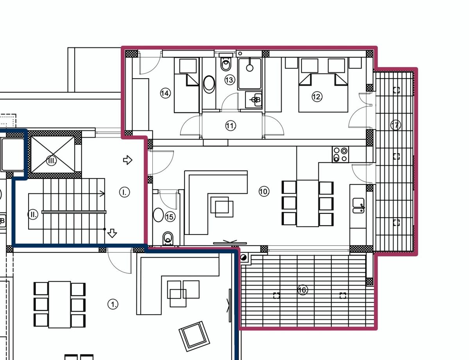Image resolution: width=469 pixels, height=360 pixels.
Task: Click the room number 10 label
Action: tap(264, 192)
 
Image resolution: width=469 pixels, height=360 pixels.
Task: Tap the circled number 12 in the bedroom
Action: tap(317, 97)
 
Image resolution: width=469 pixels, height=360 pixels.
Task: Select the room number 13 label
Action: tap(229, 80)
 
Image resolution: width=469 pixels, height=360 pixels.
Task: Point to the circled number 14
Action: tap(165, 93)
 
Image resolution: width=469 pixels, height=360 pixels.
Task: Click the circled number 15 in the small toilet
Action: tap(170, 217)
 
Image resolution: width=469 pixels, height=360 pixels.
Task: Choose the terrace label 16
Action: tap(303, 290)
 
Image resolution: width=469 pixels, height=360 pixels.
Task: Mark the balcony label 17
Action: tap(396, 125)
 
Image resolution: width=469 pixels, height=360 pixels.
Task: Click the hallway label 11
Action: tap(231, 125)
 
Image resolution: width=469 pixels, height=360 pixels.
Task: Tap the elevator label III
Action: tap(52, 161)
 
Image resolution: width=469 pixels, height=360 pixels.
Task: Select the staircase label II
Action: tap(33, 214)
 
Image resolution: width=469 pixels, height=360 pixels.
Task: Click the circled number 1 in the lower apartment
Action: tap(113, 304)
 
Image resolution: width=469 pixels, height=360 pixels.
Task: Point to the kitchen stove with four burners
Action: tap(340, 154)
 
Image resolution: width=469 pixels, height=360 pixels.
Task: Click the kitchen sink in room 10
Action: tap(358, 206)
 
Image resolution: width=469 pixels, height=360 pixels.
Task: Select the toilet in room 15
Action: tap(168, 238)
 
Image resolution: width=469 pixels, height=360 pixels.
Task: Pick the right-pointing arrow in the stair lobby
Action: tap(127, 160)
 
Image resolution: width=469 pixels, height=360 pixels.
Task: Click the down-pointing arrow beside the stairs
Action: tap(112, 233)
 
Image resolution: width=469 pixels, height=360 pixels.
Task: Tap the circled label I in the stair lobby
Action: tap(125, 192)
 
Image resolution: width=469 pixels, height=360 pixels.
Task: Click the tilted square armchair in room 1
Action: tap(194, 336)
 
